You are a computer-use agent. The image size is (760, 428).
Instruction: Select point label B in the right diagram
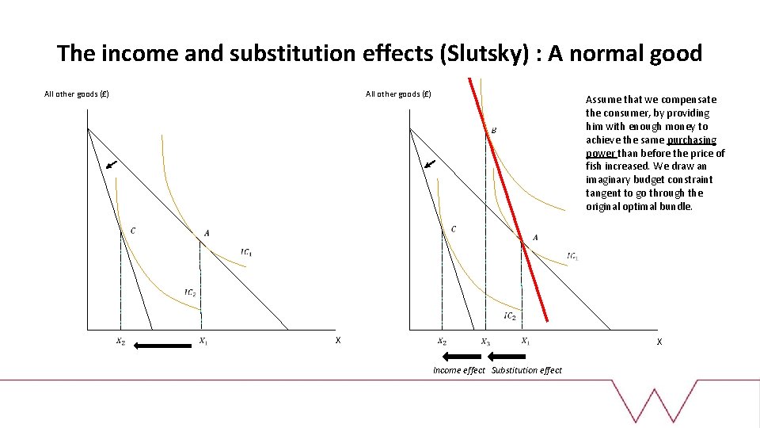point(494,130)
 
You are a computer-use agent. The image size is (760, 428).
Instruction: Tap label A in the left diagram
point(207,233)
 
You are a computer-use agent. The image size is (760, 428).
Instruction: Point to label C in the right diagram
point(454,229)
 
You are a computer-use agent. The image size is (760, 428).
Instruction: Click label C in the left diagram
point(132,231)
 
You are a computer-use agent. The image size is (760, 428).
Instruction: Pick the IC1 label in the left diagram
point(247,253)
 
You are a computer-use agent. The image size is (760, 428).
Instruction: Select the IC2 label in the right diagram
point(510,316)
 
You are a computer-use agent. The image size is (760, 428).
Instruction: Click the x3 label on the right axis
point(485,342)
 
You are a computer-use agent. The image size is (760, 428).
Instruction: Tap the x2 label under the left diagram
point(120,342)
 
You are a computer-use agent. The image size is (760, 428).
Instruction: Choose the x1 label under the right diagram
point(526,342)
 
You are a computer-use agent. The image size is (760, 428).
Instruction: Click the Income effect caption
point(459,370)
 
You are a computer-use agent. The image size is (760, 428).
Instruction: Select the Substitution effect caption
point(526,370)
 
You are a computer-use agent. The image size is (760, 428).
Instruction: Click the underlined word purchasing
point(691,140)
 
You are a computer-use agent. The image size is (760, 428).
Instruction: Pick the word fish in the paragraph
point(595,166)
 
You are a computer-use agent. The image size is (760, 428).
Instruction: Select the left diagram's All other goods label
point(77,94)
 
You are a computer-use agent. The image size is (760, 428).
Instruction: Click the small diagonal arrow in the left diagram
point(112,165)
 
